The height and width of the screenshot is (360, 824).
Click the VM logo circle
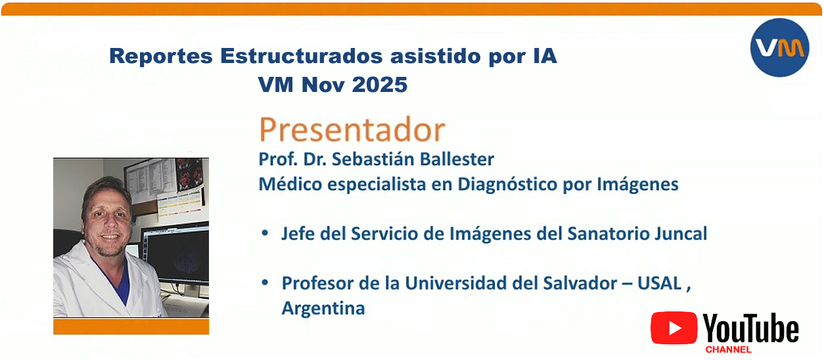pyautogui.click(x=779, y=47)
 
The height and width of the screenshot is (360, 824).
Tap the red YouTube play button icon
pyautogui.click(x=674, y=328)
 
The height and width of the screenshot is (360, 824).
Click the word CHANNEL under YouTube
pyautogui.click(x=728, y=349)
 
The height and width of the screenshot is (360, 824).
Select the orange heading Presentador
pyautogui.click(x=352, y=129)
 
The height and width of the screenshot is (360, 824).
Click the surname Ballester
pyautogui.click(x=457, y=159)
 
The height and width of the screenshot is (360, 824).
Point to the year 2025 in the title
pyautogui.click(x=380, y=85)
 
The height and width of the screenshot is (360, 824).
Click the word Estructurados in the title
pyautogui.click(x=302, y=56)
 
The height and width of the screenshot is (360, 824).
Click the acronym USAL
pyautogui.click(x=660, y=284)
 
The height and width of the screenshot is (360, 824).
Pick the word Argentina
pyautogui.click(x=323, y=308)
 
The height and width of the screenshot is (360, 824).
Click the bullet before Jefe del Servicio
pyautogui.click(x=265, y=233)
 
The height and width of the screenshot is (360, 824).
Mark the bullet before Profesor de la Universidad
pyautogui.click(x=265, y=282)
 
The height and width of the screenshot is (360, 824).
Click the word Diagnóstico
pyautogui.click(x=507, y=184)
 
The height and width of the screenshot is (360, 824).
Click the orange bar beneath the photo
pyautogui.click(x=131, y=326)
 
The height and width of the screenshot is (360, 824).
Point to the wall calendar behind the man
pyautogui.click(x=180, y=204)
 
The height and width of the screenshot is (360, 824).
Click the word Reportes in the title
pyautogui.click(x=161, y=56)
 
